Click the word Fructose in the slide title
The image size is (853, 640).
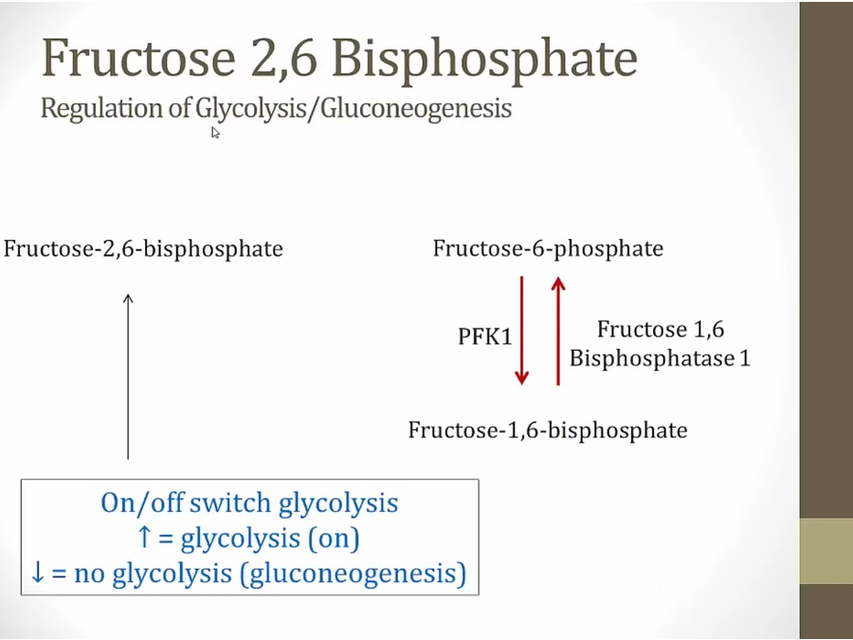[x=138, y=57]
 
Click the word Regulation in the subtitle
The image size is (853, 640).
[x=102, y=108]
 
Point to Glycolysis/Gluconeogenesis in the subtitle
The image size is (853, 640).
[x=354, y=108]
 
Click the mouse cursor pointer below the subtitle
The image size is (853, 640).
[x=215, y=133]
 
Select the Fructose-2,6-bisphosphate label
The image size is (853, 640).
[x=143, y=248]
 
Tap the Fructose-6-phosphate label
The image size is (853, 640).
[x=548, y=248]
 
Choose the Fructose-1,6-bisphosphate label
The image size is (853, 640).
[x=548, y=430]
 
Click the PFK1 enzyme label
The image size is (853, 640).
[x=485, y=337]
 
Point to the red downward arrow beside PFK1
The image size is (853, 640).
[x=521, y=330]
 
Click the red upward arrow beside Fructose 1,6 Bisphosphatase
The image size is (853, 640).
[x=558, y=330]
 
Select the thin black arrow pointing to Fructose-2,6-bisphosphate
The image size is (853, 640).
[x=128, y=376]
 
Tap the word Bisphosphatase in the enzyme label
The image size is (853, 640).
[x=649, y=358]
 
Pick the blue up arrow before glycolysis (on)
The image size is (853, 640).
[x=144, y=537]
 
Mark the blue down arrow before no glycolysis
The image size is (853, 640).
[x=38, y=572]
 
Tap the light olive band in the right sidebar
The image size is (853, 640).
[x=826, y=551]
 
